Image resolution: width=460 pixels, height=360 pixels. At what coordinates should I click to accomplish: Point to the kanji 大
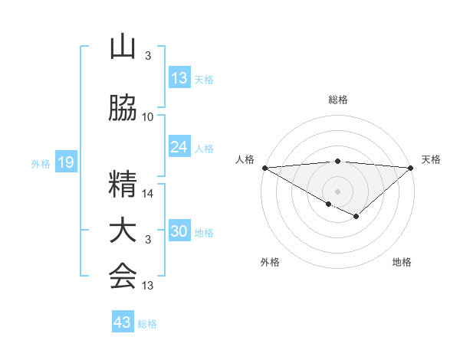coord(123,231)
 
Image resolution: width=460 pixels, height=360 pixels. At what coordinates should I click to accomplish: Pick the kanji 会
coord(123,276)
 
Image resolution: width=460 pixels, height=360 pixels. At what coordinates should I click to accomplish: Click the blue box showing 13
coord(179,78)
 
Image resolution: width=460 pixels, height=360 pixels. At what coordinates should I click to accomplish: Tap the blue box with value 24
coord(179,147)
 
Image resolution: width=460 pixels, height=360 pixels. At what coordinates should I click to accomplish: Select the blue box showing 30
coord(179,232)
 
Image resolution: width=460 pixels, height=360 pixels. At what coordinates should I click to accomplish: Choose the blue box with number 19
coord(65,162)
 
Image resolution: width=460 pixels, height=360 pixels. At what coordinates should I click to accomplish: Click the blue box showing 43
coord(123,322)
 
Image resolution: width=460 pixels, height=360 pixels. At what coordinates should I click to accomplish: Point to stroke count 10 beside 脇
coord(148,117)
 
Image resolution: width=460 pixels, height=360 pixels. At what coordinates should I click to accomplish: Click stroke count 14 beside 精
coord(148,195)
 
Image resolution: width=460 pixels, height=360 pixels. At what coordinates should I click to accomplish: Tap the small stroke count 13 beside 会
coord(148,286)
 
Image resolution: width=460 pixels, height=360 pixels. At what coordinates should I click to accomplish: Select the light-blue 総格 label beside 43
coord(148,324)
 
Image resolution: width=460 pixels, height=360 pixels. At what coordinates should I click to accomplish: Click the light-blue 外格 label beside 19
coord(41,163)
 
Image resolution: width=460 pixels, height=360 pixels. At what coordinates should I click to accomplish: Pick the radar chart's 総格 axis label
coord(337,100)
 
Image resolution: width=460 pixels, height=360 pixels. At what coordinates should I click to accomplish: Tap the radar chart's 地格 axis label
coord(402,263)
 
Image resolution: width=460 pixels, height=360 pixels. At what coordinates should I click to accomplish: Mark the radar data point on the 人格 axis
coord(264,168)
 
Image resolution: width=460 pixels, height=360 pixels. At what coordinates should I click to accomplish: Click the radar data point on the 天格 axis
coord(411,168)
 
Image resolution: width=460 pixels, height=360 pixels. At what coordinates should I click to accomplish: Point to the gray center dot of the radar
coord(337,190)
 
